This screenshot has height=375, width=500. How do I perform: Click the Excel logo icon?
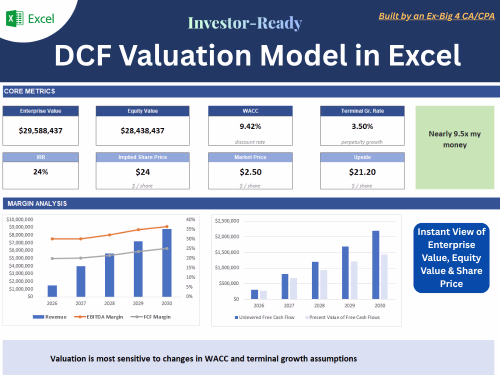coord(14,19)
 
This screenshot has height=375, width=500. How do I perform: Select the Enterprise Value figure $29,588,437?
coord(40,131)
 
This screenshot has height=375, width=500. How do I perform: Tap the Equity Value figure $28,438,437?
coord(142,131)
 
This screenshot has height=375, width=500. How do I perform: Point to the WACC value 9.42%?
coord(250,126)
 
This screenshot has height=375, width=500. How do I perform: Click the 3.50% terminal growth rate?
coord(362,126)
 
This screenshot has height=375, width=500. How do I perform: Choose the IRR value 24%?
coord(40,172)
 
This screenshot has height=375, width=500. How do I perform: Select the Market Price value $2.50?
coord(250,172)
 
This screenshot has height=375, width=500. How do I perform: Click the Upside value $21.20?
coord(362,172)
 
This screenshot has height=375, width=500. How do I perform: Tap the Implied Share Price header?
coord(142,157)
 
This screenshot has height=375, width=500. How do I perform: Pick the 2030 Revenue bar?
coord(167,262)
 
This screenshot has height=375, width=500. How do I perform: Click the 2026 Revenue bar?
coord(52,291)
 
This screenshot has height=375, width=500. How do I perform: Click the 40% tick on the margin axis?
coord(190,219)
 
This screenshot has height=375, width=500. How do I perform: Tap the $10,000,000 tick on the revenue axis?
coord(19,219)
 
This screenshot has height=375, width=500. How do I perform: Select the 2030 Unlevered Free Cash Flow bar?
coord(376,264)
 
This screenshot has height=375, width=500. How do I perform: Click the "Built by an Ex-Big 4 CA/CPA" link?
coord(436,16)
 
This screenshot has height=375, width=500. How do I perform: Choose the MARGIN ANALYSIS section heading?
coord(37,203)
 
